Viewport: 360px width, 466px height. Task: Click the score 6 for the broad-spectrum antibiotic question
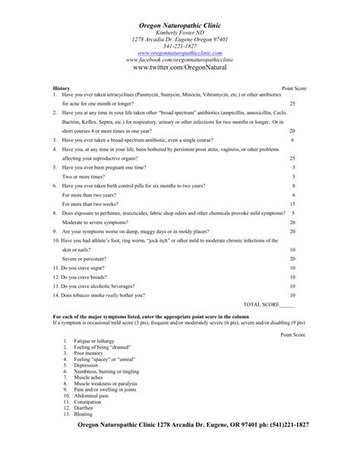pos(292,141)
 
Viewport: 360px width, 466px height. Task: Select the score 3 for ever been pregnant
pos(292,167)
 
